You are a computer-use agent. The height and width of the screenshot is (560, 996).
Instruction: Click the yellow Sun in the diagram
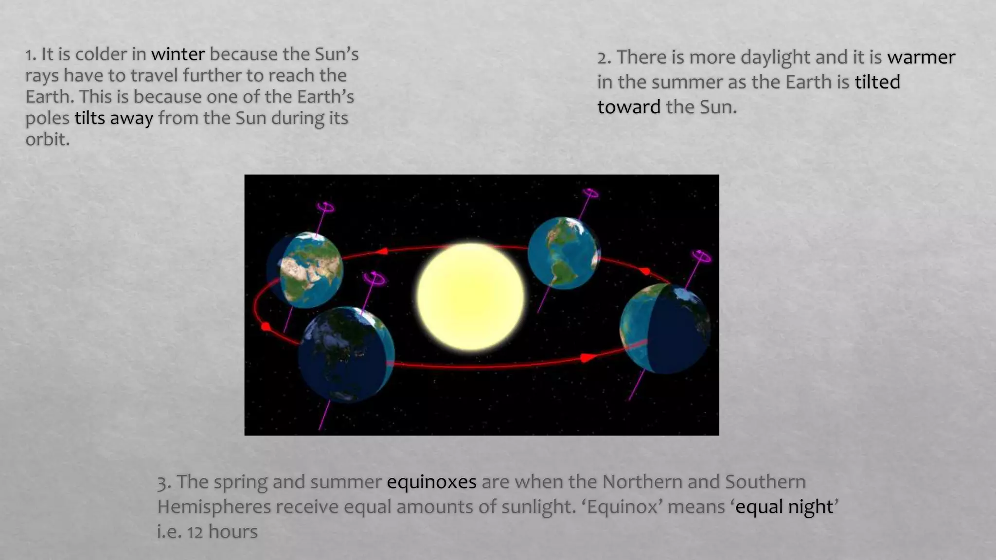[x=470, y=297]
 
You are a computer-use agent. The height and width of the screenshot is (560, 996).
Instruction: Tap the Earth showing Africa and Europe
[x=305, y=270]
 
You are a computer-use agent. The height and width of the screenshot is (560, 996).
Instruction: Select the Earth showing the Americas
[x=564, y=253]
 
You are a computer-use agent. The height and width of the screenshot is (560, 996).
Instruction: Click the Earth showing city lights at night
[x=346, y=354]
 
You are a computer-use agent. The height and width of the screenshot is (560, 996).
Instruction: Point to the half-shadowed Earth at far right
[x=665, y=329]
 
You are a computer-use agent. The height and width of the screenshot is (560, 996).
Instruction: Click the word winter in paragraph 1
[x=178, y=54]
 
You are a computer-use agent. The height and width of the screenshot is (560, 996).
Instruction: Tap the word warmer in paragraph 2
[x=921, y=57]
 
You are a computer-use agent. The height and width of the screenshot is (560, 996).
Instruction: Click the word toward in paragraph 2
[x=628, y=107]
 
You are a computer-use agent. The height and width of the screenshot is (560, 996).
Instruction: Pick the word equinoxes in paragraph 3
[x=431, y=482]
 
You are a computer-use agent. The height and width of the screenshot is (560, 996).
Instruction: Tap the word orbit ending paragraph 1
[x=47, y=140]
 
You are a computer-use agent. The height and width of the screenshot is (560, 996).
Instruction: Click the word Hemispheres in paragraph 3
[x=213, y=507]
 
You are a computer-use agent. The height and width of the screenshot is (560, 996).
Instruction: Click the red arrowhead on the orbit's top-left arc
[x=382, y=251]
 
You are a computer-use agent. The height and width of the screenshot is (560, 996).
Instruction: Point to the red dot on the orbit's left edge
[x=266, y=327]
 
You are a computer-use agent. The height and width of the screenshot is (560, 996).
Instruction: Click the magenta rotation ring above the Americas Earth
[x=590, y=193]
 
